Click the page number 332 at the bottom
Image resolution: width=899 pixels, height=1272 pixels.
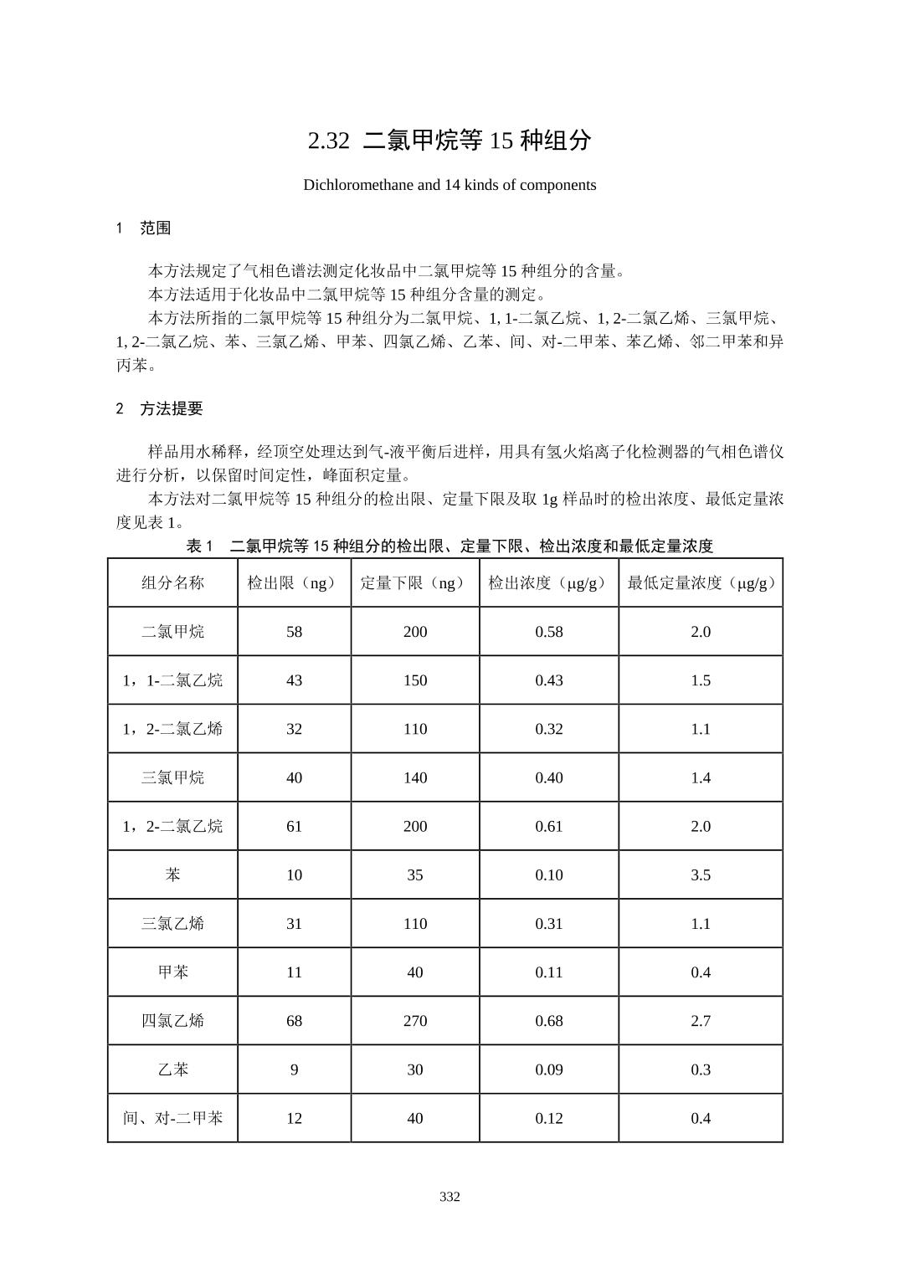[449, 1197]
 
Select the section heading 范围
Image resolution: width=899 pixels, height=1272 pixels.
[155, 228]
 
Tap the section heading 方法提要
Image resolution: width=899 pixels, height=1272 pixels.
[171, 409]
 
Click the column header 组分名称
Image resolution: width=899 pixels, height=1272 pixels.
[172, 583]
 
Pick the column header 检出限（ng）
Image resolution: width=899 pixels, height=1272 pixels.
[294, 583]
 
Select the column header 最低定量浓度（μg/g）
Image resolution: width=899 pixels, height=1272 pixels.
[701, 583]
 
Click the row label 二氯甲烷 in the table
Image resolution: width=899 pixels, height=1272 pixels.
[172, 632]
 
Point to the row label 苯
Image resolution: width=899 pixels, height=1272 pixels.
[172, 875]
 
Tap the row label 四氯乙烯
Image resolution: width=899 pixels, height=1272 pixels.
[172, 1021]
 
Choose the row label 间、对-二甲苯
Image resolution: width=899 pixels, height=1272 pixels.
[172, 1118]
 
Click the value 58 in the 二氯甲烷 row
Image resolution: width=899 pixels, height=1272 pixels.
[294, 632]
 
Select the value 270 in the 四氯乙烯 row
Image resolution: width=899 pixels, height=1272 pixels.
[414, 1021]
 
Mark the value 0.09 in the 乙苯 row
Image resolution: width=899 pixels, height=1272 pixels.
[549, 1069]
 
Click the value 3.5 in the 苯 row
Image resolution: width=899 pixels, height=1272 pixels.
[701, 875]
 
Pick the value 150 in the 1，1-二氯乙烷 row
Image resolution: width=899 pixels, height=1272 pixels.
[414, 680]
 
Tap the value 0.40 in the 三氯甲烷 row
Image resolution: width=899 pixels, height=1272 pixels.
[549, 778]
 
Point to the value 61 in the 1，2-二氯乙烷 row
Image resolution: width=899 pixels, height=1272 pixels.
[294, 827]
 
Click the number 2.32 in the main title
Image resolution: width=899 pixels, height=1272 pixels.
[328, 141]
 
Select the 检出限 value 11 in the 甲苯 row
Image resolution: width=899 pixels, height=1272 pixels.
[294, 972]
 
